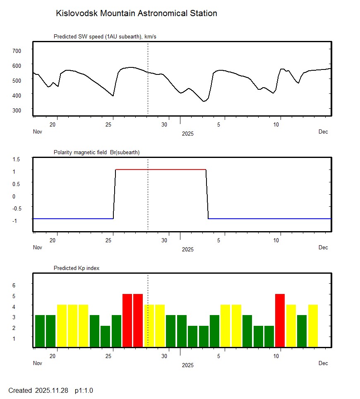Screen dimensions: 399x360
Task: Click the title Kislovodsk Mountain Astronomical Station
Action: tap(136, 13)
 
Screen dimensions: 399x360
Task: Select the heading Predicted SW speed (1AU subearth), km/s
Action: tap(105, 37)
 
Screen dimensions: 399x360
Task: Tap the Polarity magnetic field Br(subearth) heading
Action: tap(96, 153)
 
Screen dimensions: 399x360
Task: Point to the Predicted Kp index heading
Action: tap(77, 268)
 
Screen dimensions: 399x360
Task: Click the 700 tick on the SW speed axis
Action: tap(17, 50)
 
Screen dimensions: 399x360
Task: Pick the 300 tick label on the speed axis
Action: tap(17, 110)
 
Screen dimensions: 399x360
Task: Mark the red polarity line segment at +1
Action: tap(161, 170)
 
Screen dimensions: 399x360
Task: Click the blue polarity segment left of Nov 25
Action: tap(72, 218)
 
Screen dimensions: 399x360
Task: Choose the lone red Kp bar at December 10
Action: tap(280, 320)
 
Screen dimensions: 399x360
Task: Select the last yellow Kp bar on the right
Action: tap(313, 326)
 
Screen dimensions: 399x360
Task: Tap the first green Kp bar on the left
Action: tap(40, 331)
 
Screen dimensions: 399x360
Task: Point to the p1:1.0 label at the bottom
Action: tap(84, 390)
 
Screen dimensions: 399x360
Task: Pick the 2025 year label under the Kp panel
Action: tap(188, 366)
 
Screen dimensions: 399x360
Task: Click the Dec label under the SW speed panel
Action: tap(323, 132)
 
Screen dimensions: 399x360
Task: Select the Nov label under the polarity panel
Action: tap(38, 248)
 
